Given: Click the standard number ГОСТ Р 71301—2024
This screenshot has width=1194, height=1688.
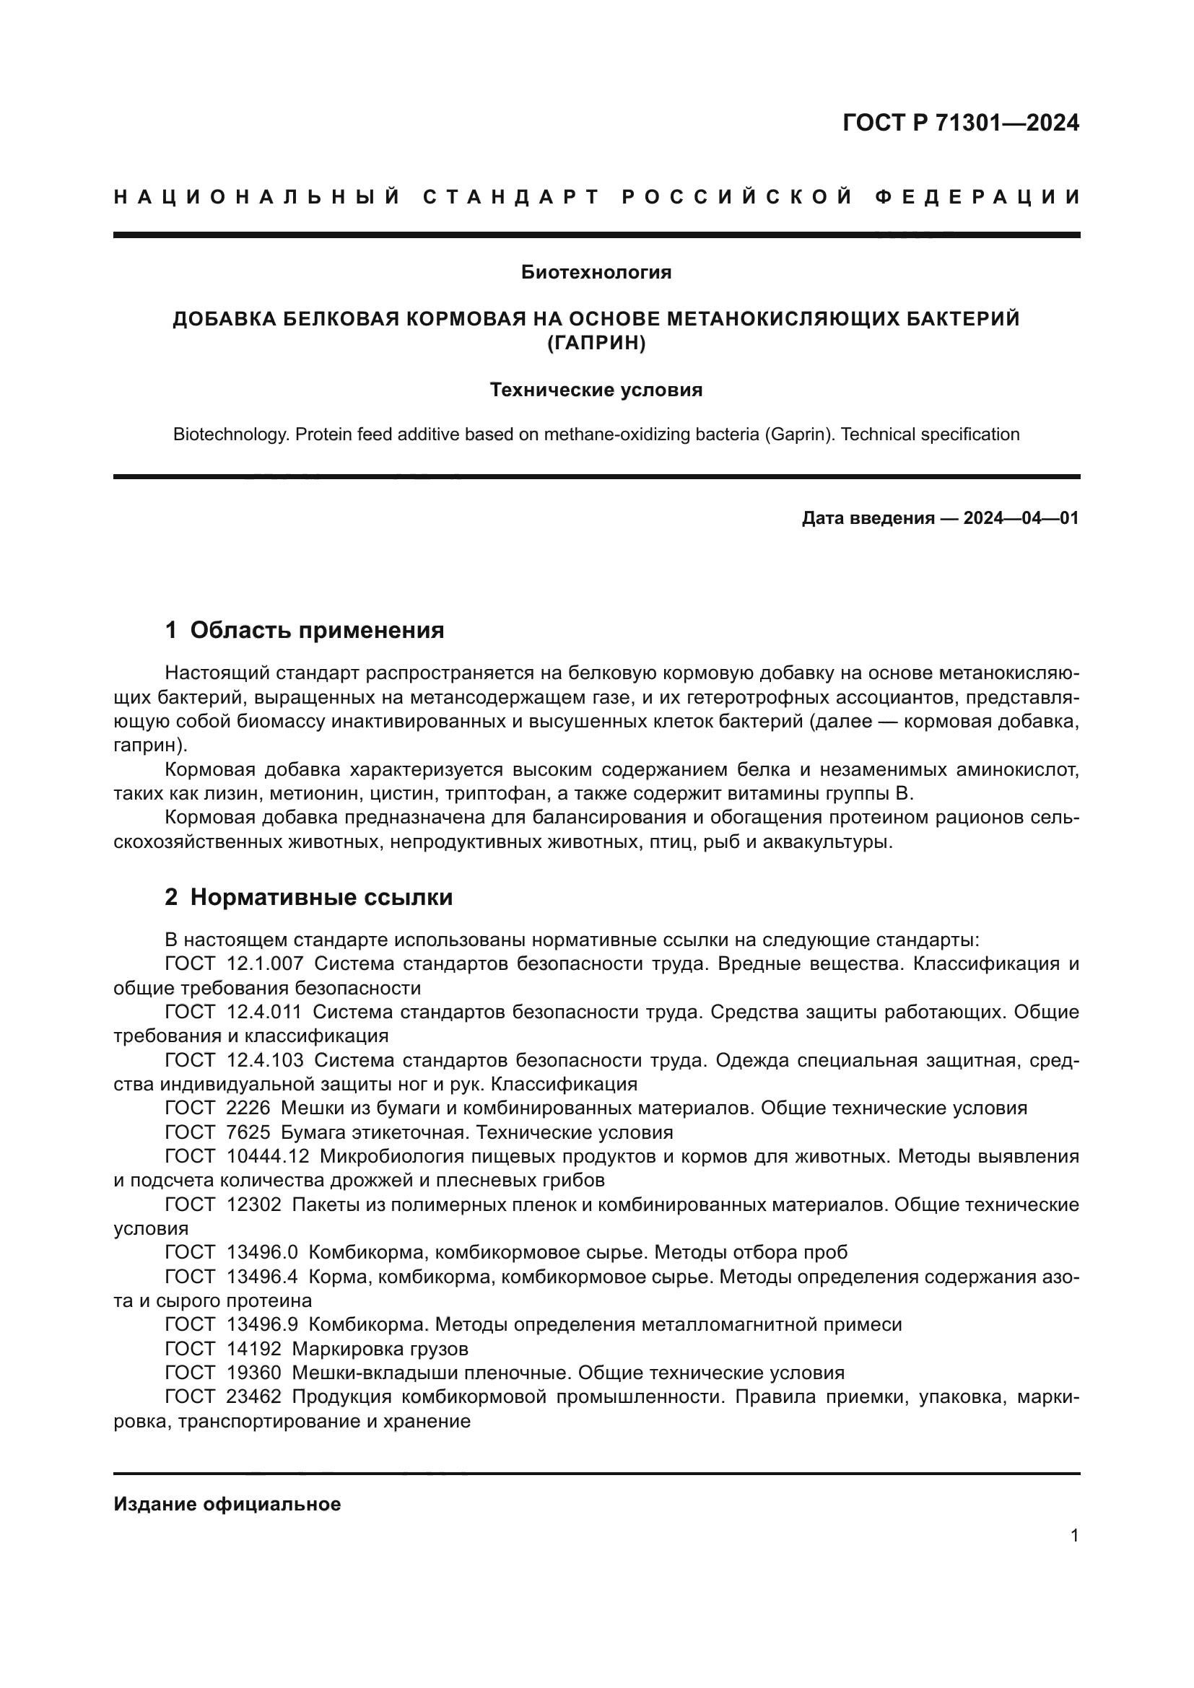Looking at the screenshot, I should pyautogui.click(x=960, y=123).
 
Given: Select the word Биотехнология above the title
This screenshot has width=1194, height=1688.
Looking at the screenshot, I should pyautogui.click(x=596, y=273).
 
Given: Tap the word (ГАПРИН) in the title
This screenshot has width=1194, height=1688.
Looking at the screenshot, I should pyautogui.click(x=596, y=344).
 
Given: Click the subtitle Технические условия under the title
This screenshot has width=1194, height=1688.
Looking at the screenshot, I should pyautogui.click(x=596, y=390).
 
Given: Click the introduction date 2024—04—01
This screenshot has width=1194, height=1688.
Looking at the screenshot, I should pyautogui.click(x=1021, y=518).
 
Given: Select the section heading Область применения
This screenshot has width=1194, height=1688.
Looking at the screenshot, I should pyautogui.click(x=317, y=630).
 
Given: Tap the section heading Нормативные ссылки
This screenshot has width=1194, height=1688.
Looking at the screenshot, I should pyautogui.click(x=321, y=897).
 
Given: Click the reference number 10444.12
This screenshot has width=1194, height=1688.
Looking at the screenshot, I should pyautogui.click(x=269, y=1156).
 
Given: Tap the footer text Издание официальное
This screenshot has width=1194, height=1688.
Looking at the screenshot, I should pyautogui.click(x=227, y=1504).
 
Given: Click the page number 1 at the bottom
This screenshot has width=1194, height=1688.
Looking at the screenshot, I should pyautogui.click(x=1074, y=1536).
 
